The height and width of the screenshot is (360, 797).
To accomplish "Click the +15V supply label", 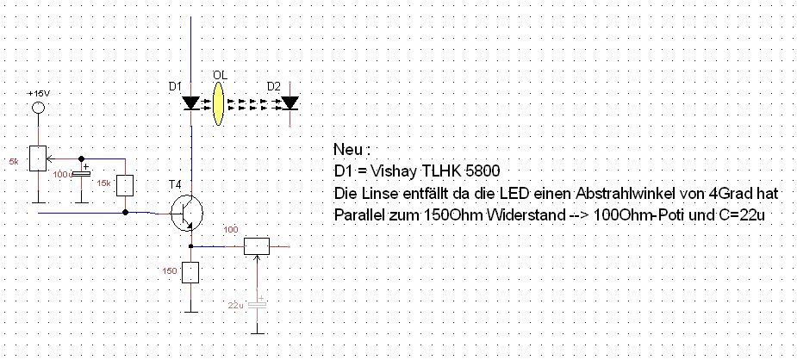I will click(38, 93).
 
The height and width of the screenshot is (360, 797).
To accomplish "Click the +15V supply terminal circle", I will click(38, 109).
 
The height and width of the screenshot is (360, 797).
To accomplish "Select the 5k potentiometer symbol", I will click(38, 158).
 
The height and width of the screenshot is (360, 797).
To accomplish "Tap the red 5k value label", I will click(14, 161).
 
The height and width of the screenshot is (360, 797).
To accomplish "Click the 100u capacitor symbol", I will click(81, 175).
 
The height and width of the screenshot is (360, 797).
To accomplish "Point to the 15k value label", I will click(103, 183).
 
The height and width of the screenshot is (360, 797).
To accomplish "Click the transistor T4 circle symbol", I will click(185, 213).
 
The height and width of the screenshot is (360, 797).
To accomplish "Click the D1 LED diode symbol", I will click(191, 102).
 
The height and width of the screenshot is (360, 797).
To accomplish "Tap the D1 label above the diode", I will click(175, 86).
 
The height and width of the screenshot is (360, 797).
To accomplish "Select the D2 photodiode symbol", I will click(290, 102).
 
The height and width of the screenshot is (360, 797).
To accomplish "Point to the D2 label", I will click(274, 86).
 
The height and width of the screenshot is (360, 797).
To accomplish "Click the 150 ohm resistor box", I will click(191, 273).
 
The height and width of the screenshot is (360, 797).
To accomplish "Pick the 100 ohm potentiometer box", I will click(258, 246).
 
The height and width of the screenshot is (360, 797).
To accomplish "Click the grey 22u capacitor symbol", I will click(258, 304).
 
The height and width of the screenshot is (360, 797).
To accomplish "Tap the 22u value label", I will click(236, 306).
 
